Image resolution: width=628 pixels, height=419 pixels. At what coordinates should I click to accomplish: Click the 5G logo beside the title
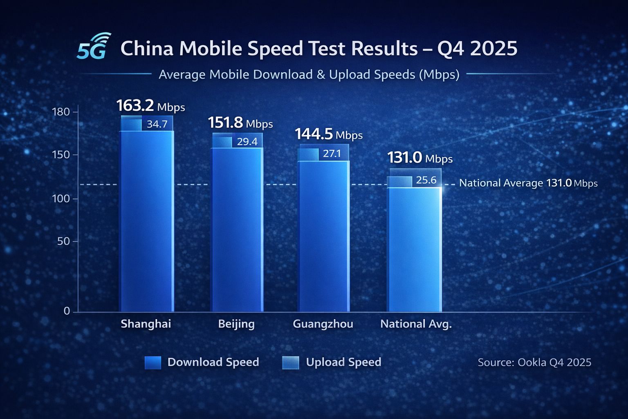point(93,47)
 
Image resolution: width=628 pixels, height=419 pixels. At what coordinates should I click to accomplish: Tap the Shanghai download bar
point(146,221)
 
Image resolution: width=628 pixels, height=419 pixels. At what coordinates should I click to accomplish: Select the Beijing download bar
point(237,229)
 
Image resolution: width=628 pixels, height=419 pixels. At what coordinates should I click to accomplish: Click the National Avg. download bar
point(414,250)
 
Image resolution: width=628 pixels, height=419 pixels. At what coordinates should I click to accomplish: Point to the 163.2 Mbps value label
point(150,106)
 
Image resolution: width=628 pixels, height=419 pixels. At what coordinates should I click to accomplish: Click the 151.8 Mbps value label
point(240,123)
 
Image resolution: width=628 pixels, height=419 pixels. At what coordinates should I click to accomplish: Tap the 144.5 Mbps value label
point(328,134)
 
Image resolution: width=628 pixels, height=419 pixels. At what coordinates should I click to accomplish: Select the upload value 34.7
point(157,124)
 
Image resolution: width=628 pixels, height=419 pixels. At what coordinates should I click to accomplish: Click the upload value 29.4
point(247,142)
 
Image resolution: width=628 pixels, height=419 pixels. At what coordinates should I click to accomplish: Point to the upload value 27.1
point(332,154)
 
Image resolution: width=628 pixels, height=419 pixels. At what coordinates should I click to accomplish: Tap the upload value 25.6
point(426,180)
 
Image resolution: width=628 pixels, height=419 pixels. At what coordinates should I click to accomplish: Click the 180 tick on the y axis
point(61,112)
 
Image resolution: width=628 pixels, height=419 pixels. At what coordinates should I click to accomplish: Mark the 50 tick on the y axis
point(63,241)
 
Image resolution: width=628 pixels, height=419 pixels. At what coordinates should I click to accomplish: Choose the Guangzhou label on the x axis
point(323,324)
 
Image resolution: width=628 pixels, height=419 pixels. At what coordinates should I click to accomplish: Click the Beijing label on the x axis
point(236,324)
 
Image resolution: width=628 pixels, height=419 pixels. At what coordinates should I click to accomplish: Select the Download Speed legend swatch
point(153,363)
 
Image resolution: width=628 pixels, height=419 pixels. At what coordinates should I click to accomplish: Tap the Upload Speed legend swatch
point(290,363)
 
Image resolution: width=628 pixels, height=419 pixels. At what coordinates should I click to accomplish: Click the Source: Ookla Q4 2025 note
point(534,362)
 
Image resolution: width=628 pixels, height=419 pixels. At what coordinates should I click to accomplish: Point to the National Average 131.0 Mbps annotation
point(528,183)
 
